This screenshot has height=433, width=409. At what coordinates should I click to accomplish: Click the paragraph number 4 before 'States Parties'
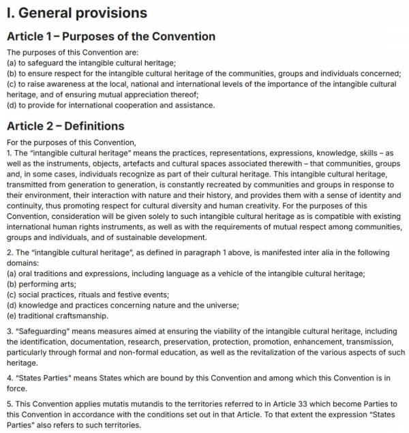[x=9, y=376]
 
